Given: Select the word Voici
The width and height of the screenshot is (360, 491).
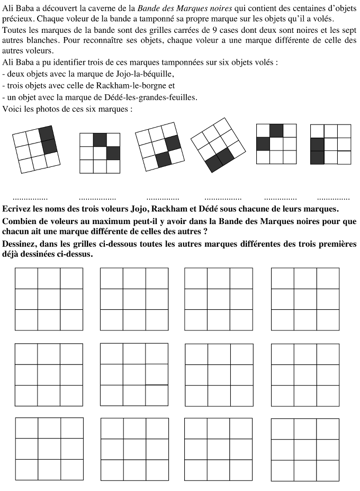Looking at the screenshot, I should tap(13, 109).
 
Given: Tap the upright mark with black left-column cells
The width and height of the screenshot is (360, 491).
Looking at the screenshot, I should tap(330, 145).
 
